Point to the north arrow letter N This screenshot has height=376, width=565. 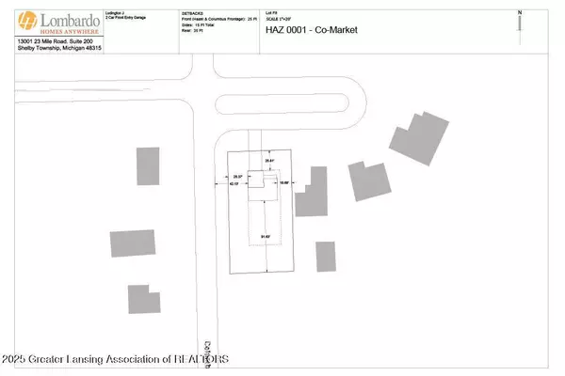tap(519, 11)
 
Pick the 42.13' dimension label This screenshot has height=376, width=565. tap(234, 185)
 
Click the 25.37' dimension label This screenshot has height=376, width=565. tap(238, 176)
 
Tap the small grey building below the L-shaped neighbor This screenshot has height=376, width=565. tap(325, 256)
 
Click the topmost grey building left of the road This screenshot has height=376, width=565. tap(149, 166)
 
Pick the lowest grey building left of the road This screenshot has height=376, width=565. tap(144, 298)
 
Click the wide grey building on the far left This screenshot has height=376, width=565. tap(133, 243)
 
